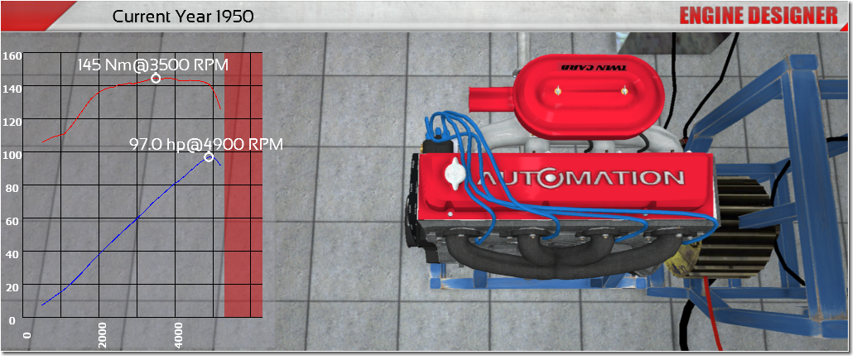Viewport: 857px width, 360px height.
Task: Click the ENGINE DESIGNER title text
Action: point(758,16)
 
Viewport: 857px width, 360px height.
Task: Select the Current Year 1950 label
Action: point(182,17)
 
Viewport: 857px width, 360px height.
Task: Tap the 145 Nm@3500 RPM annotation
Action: point(153,65)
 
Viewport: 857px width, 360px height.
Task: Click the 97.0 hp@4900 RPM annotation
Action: point(206,144)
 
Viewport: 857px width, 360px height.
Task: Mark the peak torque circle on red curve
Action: point(156,78)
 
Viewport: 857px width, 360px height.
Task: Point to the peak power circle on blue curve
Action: point(208,157)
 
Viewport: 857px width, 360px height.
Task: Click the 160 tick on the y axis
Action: point(12,55)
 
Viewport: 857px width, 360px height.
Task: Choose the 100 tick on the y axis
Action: point(12,155)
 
